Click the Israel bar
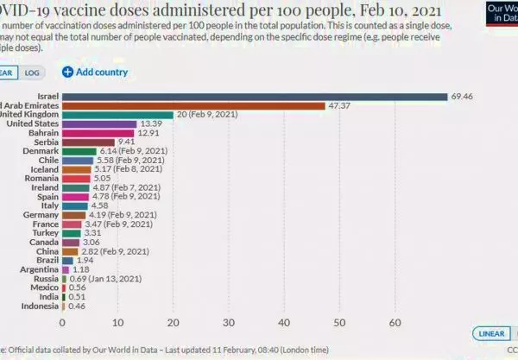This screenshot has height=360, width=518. click(255, 96)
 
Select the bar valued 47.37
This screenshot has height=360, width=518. click(193, 105)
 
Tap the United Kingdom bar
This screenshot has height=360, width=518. click(117, 115)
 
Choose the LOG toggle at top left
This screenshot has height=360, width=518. click(32, 73)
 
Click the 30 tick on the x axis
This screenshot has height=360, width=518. click(229, 322)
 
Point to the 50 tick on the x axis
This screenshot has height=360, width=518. click(339, 322)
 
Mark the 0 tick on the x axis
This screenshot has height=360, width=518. click(62, 322)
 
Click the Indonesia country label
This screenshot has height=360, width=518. click(37, 306)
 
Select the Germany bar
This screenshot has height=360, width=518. click(73, 215)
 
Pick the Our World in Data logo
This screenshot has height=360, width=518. click(498, 11)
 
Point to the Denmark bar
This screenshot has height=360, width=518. click(79, 151)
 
